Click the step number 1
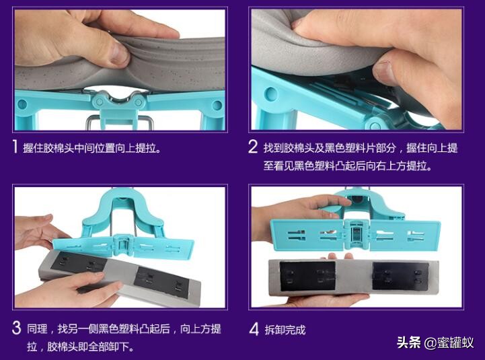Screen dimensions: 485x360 click(x=15, y=147)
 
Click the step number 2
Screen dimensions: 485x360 click(x=253, y=147)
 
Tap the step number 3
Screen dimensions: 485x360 click(x=16, y=328)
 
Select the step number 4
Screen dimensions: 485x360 click(x=254, y=329)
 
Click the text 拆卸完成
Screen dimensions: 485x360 click(x=285, y=330)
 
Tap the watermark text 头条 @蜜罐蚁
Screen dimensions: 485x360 click(x=435, y=343)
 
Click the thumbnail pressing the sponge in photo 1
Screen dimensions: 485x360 click(x=120, y=53)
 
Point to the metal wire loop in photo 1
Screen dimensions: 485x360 click(x=120, y=122)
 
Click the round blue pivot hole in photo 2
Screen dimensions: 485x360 click(x=271, y=94)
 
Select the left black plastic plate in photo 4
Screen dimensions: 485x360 click(x=307, y=276)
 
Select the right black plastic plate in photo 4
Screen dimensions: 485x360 click(x=400, y=276)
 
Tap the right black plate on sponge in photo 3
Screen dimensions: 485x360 click(x=161, y=282)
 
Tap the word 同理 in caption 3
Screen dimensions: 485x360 click(x=37, y=329)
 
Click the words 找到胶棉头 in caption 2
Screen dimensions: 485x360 click(x=289, y=147)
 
